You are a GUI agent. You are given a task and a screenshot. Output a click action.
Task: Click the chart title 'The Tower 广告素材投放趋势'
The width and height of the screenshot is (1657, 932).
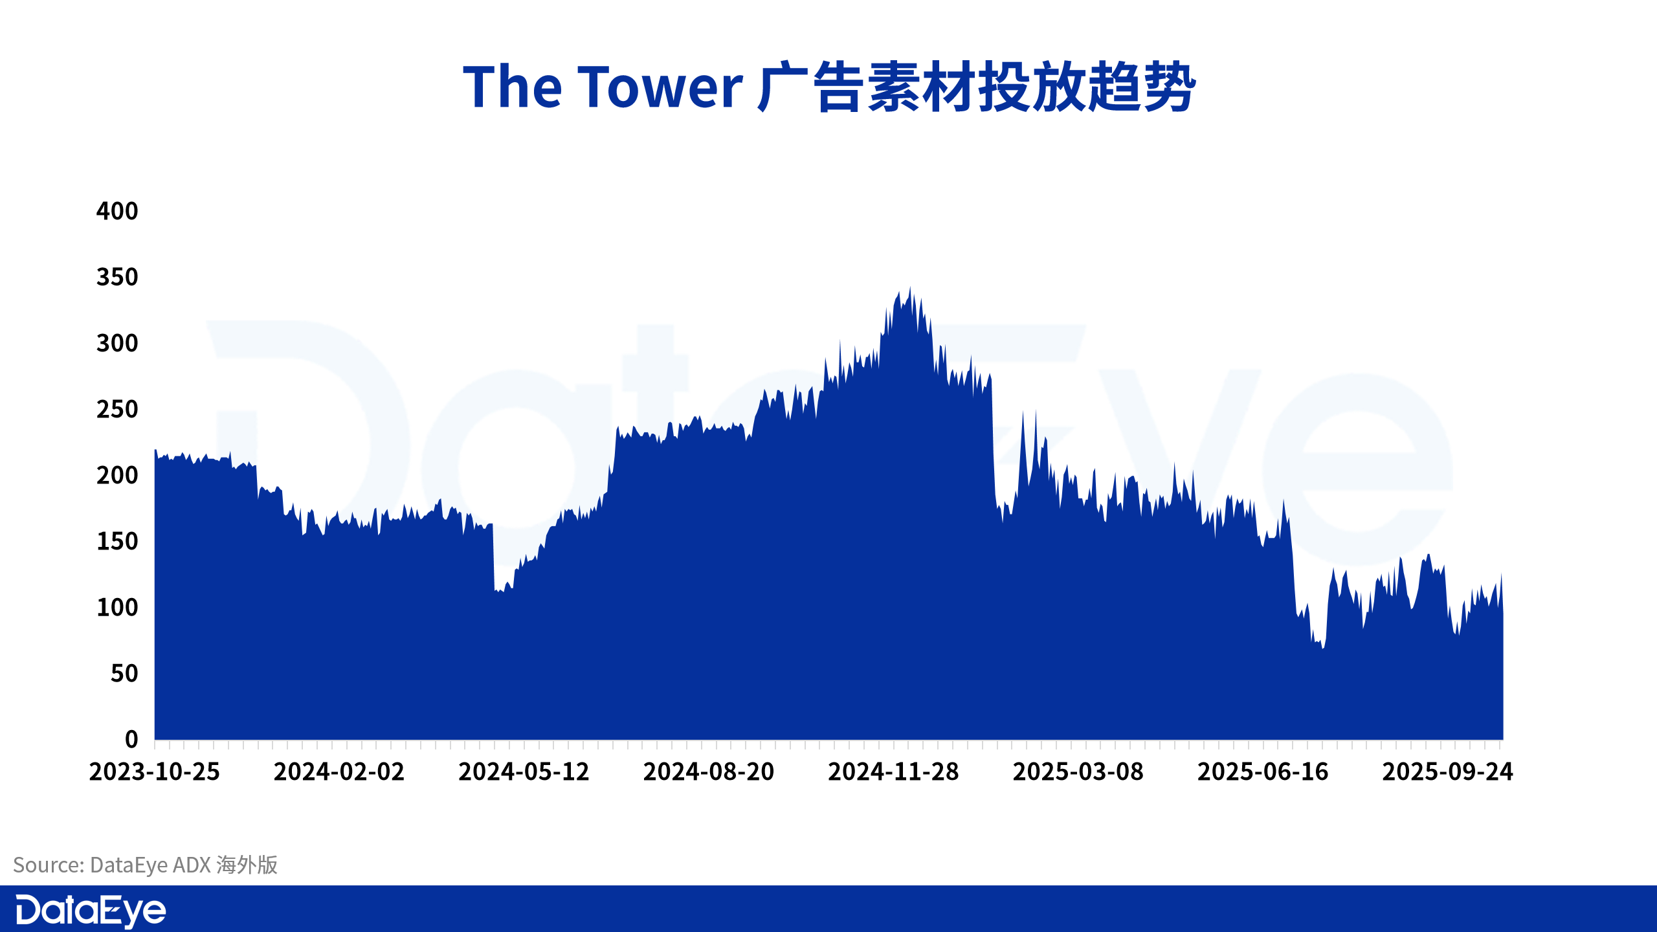point(829,87)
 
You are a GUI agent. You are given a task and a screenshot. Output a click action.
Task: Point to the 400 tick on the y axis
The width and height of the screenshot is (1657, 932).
point(117,211)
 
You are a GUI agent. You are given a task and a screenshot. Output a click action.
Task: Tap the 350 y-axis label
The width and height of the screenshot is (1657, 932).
point(117,277)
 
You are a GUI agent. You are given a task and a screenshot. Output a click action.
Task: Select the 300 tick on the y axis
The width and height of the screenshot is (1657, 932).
point(117,343)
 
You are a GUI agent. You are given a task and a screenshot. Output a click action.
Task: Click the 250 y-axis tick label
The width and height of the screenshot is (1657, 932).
point(117,409)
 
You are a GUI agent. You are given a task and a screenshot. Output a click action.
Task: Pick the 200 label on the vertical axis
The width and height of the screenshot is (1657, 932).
point(117,475)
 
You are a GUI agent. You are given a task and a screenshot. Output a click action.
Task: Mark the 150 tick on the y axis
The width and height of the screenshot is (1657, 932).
point(117,541)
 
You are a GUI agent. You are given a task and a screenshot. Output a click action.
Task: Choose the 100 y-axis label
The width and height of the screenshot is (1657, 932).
point(117,607)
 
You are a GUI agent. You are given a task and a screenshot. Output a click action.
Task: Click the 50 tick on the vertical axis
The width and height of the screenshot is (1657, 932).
point(124,674)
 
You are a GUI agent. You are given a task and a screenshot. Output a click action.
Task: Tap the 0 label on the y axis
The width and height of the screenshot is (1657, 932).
point(131,739)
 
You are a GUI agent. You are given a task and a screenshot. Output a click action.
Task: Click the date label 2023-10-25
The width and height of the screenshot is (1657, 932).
point(155,771)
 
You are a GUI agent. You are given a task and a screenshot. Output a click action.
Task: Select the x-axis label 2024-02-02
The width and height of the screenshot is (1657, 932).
point(339,771)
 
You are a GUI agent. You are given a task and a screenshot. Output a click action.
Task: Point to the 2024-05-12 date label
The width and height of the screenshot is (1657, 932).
point(524,771)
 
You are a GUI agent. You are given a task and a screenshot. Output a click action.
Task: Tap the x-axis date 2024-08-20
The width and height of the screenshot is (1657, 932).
point(709,771)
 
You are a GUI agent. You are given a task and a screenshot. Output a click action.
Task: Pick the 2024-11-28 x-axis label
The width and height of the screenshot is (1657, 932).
point(894,771)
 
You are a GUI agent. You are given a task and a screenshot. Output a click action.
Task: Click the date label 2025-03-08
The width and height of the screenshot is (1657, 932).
point(1078,771)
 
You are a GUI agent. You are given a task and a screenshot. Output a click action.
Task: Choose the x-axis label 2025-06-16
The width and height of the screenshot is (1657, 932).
point(1263,771)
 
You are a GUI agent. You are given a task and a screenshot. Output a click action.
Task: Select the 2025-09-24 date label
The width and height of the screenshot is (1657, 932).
point(1448,771)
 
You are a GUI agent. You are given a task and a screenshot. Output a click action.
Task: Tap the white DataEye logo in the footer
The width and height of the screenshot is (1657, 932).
point(91,911)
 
